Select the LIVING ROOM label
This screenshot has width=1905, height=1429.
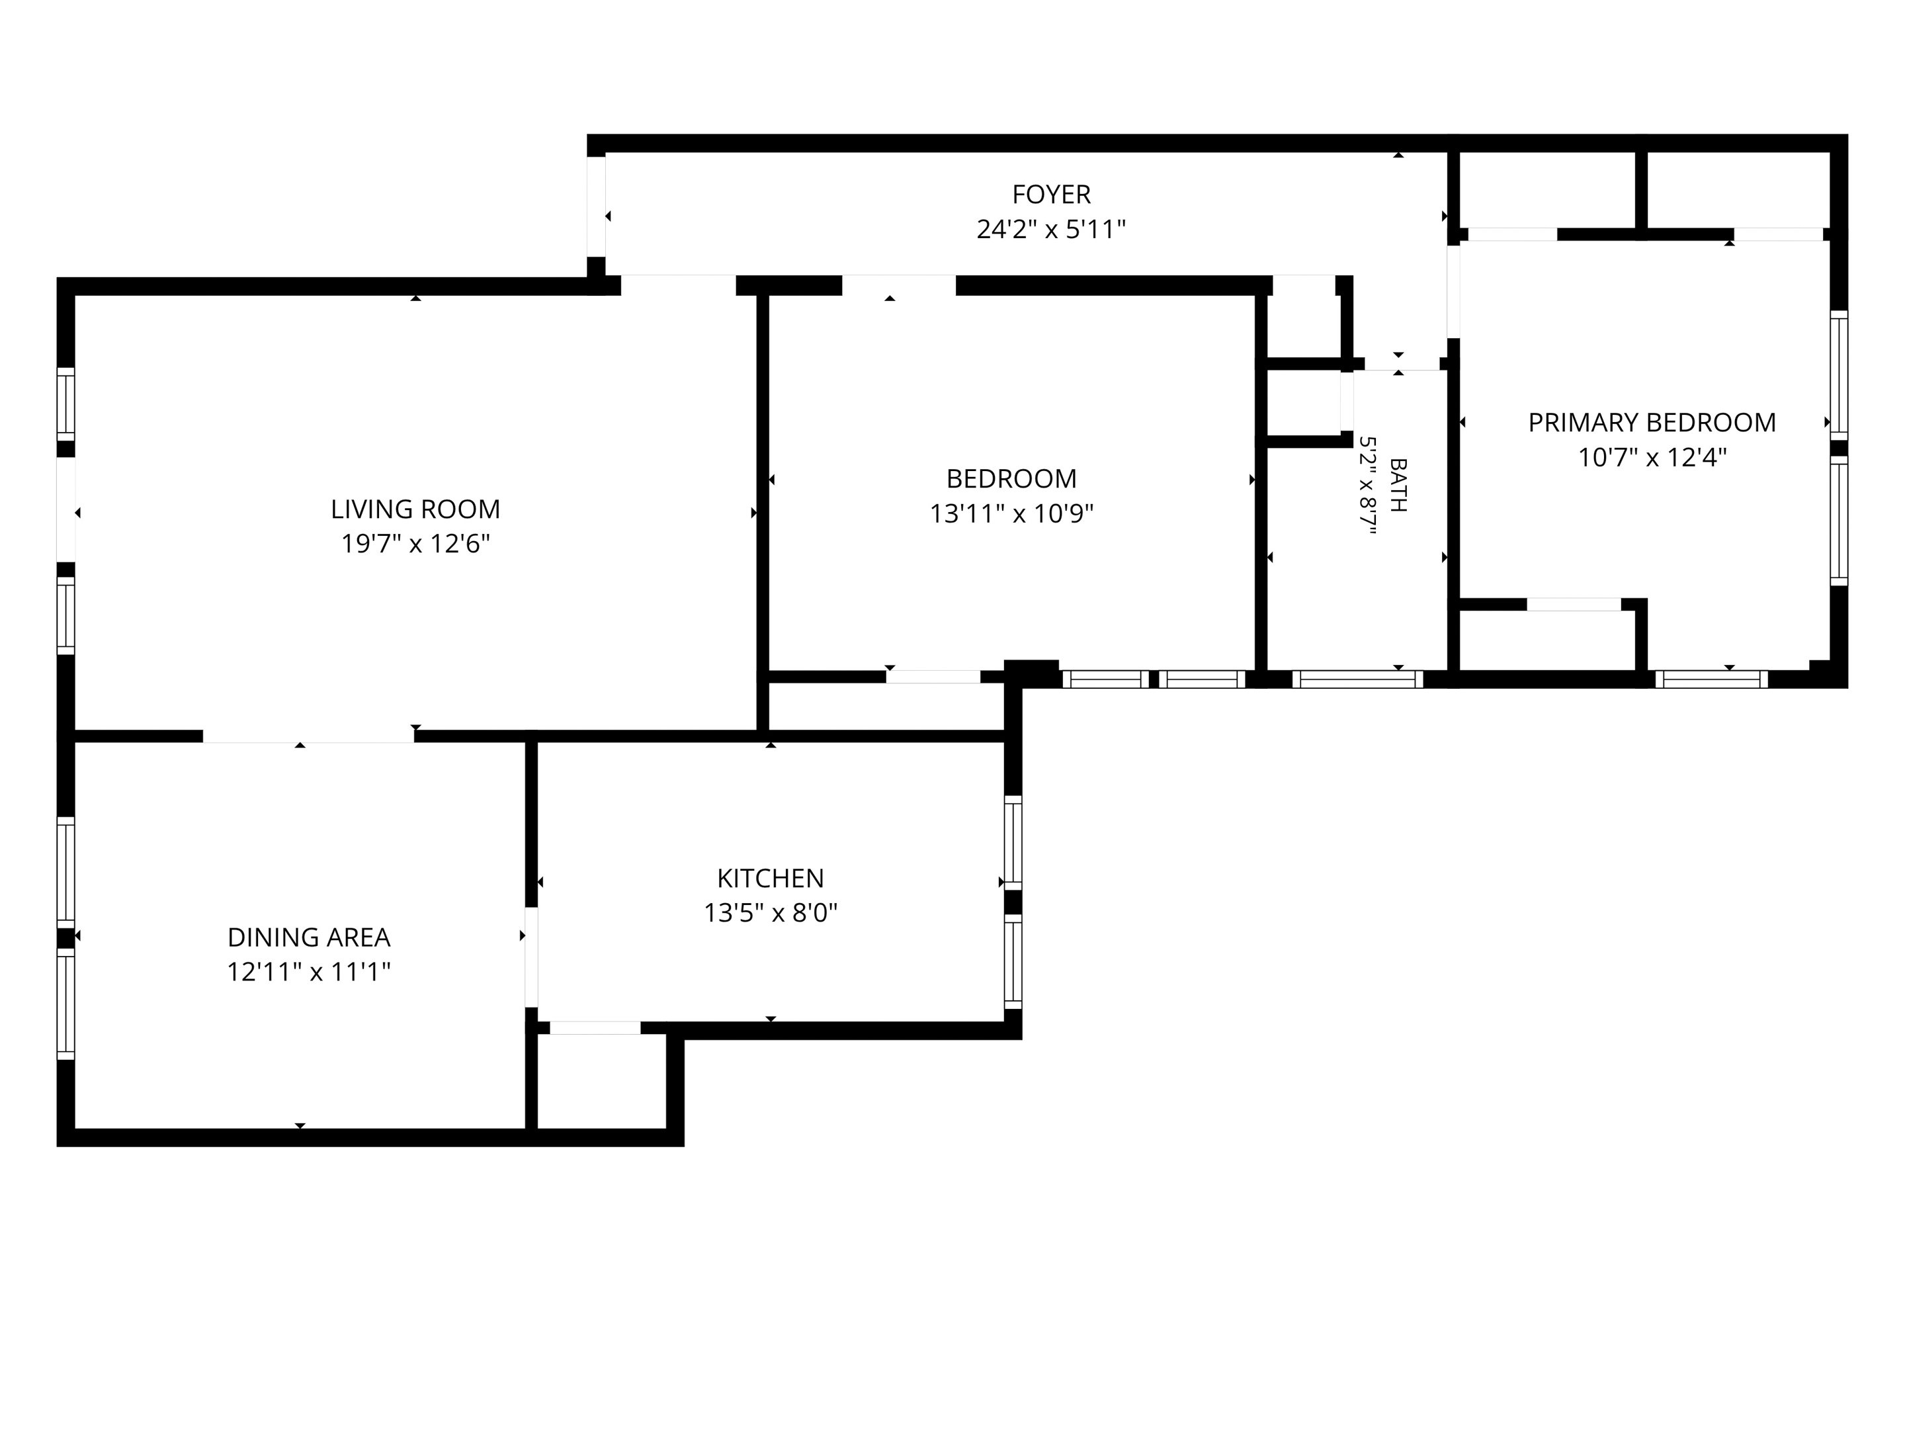click(415, 509)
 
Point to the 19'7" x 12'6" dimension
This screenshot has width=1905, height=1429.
click(415, 544)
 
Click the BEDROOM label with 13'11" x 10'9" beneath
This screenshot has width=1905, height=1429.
click(1011, 478)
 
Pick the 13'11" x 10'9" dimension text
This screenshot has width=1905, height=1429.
click(1011, 513)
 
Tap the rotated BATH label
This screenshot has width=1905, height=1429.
click(1398, 486)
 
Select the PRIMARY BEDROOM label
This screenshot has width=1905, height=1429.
click(1652, 422)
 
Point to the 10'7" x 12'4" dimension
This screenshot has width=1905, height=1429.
click(1652, 457)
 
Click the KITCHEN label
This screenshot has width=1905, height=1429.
click(771, 878)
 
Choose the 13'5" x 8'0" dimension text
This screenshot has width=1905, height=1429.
click(771, 912)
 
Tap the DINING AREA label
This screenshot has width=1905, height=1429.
click(308, 937)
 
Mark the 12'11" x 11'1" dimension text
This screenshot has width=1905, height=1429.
click(308, 972)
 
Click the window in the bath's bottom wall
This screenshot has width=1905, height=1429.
click(1357, 679)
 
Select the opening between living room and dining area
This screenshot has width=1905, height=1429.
click(308, 736)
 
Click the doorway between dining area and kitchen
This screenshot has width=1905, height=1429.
click(531, 957)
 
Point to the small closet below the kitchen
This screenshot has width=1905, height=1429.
click(601, 1081)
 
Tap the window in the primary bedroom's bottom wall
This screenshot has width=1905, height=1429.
click(1711, 679)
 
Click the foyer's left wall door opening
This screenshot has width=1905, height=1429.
click(596, 206)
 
